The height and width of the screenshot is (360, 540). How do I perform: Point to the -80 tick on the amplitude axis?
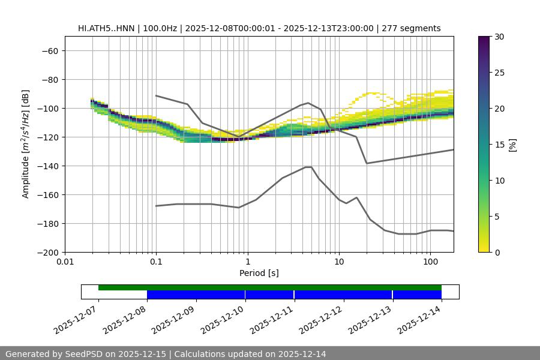click(x=49, y=79)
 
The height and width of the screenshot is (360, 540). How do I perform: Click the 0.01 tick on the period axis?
click(x=65, y=262)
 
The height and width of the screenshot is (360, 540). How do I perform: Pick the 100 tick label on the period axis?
click(x=430, y=262)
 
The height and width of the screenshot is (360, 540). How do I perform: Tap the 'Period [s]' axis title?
click(x=259, y=273)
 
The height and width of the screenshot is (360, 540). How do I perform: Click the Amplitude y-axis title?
click(x=26, y=144)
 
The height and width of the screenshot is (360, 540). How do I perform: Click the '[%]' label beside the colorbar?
click(x=513, y=145)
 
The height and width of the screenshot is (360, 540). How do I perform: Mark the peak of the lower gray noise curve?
click(x=308, y=167)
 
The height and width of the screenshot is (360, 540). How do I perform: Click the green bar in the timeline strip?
click(x=270, y=287)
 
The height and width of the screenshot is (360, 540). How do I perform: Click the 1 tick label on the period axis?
click(x=247, y=262)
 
